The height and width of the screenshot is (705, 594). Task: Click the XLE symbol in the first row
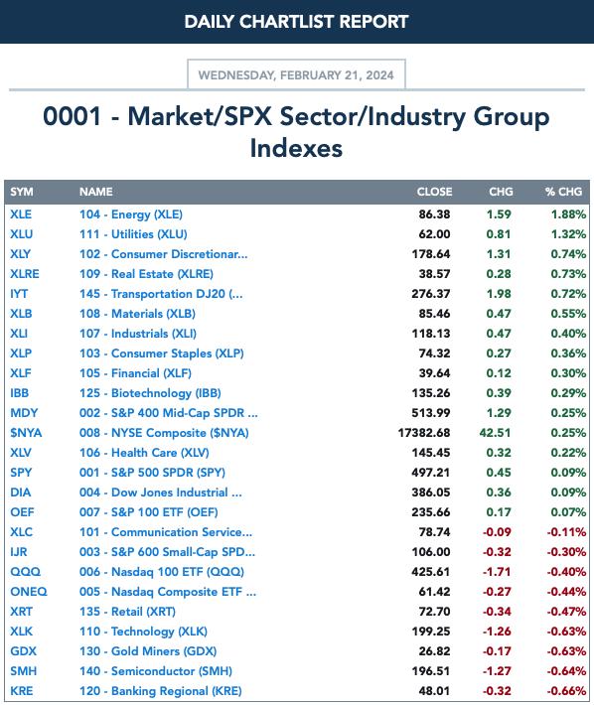(x=21, y=214)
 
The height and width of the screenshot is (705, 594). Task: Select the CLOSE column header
(x=434, y=192)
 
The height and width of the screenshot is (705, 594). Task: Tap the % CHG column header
(x=563, y=192)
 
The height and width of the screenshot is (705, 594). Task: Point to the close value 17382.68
(x=423, y=433)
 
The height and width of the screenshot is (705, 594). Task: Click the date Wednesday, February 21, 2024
(x=296, y=75)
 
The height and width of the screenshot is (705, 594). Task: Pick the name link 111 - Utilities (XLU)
(x=133, y=234)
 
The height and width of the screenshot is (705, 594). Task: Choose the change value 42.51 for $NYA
(x=495, y=433)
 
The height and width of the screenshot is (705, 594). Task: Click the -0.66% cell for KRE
(x=566, y=691)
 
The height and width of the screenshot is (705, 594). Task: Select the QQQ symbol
(x=25, y=572)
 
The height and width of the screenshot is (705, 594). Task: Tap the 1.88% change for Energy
(x=568, y=214)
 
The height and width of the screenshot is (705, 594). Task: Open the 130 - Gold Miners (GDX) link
(x=148, y=651)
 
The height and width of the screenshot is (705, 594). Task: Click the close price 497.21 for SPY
(x=431, y=473)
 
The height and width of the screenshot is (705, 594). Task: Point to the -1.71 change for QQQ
(x=497, y=572)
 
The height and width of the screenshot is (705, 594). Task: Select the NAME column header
(x=96, y=192)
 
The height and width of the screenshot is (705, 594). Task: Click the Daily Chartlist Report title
(x=296, y=22)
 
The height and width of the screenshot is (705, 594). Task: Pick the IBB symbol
(x=19, y=393)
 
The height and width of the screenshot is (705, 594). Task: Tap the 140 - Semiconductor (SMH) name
(x=156, y=671)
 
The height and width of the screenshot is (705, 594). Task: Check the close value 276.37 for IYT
(x=431, y=294)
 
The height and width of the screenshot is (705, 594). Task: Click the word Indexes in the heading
(x=296, y=148)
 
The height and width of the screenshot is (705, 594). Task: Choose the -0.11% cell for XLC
(x=566, y=532)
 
